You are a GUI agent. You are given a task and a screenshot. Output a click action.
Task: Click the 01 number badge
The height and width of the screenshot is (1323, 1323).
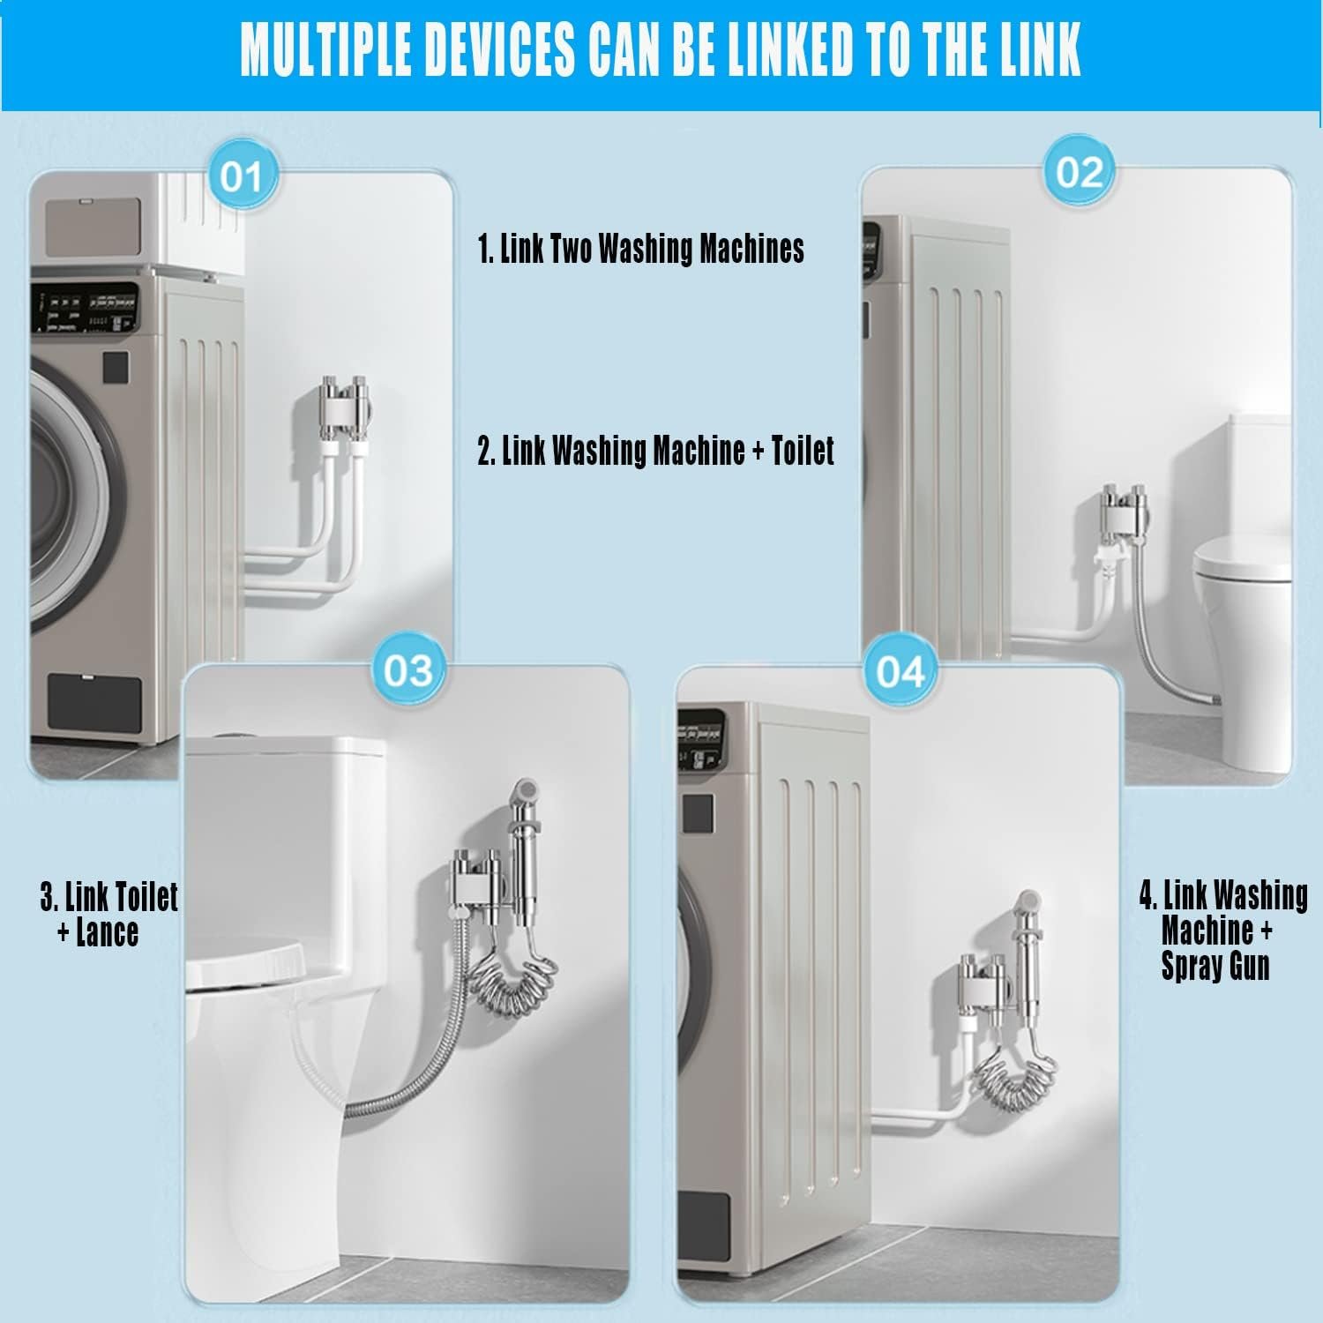[x=241, y=177]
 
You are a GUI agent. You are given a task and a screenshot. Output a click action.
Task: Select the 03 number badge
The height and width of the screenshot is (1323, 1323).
[x=408, y=671]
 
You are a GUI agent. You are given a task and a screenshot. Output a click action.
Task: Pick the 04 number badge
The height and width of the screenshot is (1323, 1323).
[x=900, y=672]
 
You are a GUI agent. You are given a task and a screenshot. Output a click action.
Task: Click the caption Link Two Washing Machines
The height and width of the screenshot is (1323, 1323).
[x=641, y=249]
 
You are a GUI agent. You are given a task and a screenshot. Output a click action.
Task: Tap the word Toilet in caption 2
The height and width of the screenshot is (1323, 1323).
[x=803, y=451]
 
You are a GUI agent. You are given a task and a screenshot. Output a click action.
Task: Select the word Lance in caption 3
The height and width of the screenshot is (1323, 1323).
[x=107, y=932]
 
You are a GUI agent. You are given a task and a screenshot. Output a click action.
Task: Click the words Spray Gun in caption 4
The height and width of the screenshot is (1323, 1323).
[x=1215, y=966]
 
